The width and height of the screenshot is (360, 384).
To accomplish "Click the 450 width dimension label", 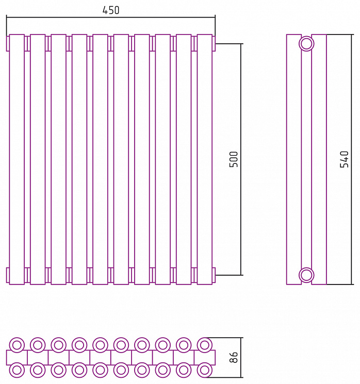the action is pos(111,10).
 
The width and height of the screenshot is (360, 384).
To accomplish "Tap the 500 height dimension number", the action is pos(234,159).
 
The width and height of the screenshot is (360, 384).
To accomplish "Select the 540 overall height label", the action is pos(344,159).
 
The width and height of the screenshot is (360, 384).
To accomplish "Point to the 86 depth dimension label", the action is pos(234,357).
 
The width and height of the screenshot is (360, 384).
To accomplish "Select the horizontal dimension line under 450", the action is pos(111,18).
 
